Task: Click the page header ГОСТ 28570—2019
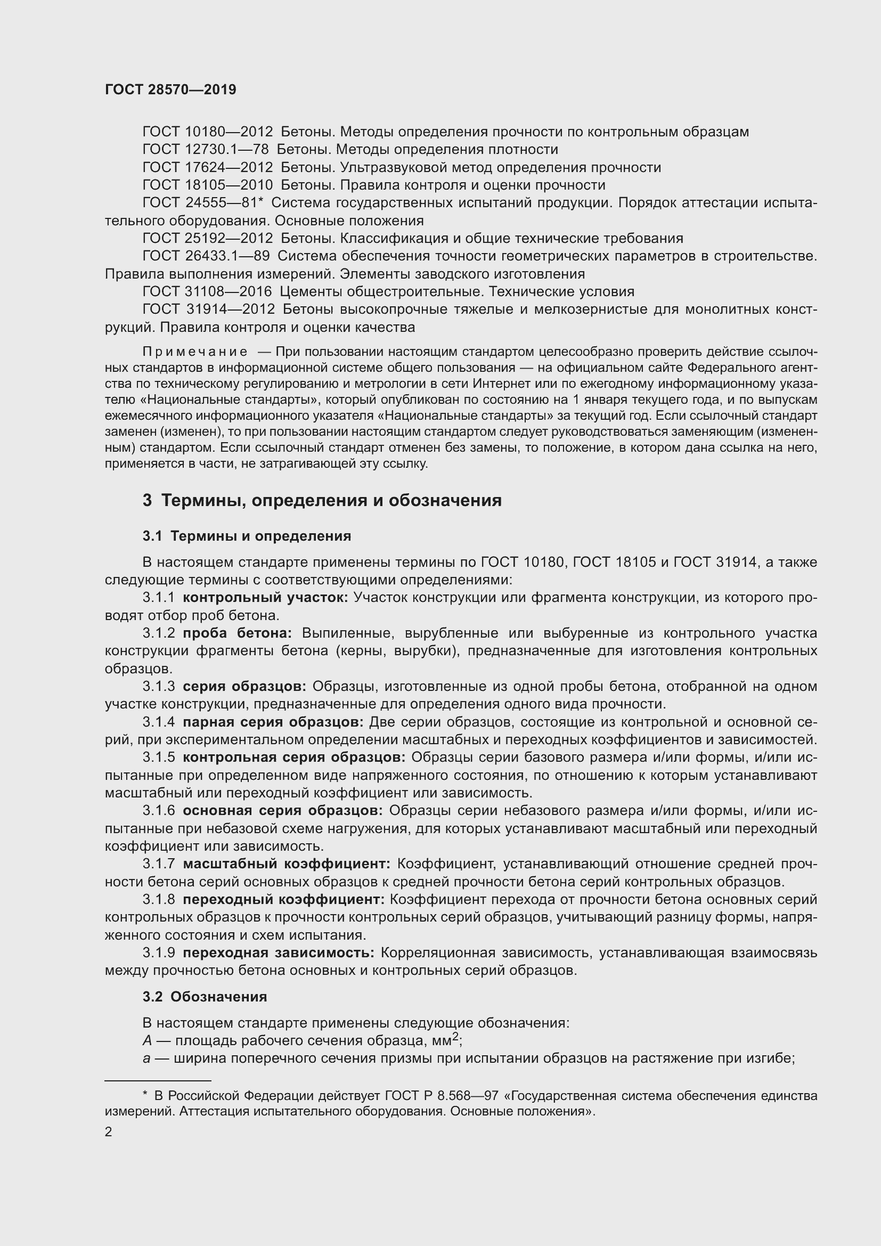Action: [170, 90]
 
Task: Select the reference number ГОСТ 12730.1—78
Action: [206, 149]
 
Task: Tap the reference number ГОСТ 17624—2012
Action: [207, 167]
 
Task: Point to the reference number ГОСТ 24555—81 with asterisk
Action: [202, 202]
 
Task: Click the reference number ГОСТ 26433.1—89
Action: [206, 256]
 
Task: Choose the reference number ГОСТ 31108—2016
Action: [207, 291]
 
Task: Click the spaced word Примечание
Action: [195, 352]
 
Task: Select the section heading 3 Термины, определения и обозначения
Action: [322, 500]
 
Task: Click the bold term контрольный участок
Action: [265, 598]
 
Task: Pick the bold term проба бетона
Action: [237, 633]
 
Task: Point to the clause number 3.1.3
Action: [158, 687]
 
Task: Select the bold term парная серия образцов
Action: [273, 722]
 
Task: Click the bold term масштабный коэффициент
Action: [287, 864]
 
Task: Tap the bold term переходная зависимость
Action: [278, 953]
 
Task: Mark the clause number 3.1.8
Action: [158, 900]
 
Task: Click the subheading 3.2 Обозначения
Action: [205, 997]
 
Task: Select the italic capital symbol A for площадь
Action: [147, 1041]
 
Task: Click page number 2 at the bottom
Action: [109, 1132]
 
